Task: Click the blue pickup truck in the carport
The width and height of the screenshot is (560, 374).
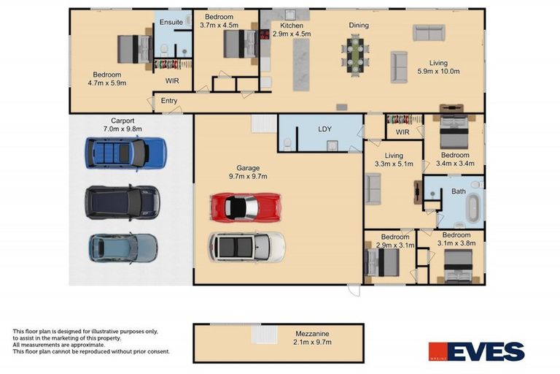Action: tap(125, 153)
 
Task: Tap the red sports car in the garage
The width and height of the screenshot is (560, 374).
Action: tap(246, 207)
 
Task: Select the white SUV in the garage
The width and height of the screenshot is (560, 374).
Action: tap(246, 247)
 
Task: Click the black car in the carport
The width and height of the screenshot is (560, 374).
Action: tap(122, 202)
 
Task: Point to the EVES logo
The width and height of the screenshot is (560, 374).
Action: tap(476, 351)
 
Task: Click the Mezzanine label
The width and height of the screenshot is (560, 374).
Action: tap(312, 334)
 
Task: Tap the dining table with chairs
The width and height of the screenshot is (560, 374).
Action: tap(355, 55)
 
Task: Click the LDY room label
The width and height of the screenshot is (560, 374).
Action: tap(324, 129)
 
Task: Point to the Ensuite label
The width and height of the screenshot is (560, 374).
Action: tap(171, 22)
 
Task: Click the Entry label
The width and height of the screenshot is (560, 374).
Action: tap(169, 101)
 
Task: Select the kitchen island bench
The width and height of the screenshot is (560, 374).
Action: tap(301, 64)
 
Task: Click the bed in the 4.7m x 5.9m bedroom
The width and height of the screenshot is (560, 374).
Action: tap(135, 49)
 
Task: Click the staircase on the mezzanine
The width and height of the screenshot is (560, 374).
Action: tap(264, 335)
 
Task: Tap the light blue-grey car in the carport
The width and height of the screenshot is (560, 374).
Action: tap(123, 248)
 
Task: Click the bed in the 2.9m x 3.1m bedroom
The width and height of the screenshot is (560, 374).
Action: tap(381, 262)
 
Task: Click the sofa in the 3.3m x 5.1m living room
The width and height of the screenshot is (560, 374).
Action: tap(373, 188)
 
